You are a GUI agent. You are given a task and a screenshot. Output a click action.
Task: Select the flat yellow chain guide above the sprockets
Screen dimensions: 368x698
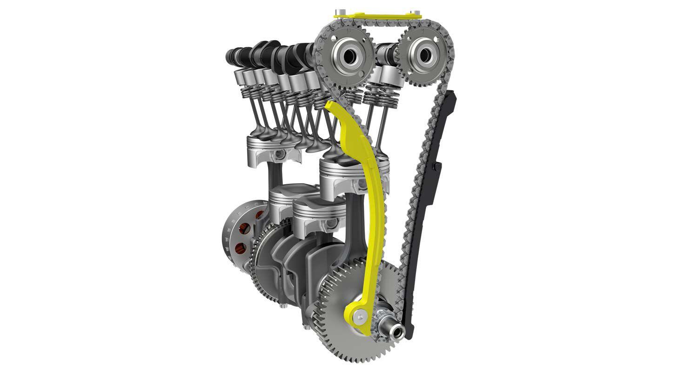pyautogui.click(x=377, y=17)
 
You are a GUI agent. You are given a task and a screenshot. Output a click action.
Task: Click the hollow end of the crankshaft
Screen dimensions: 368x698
pyautogui.click(x=397, y=331)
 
